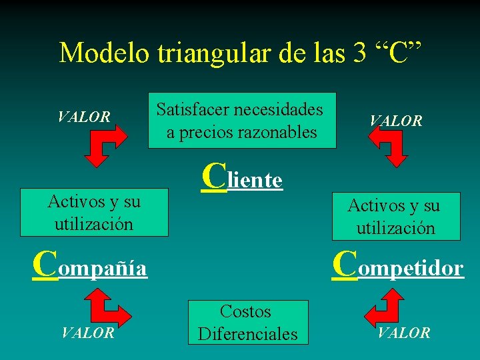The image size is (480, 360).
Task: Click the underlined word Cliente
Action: click(242, 177)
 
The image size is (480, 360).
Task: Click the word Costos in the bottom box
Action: click(245, 311)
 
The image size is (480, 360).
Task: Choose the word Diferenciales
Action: click(248, 333)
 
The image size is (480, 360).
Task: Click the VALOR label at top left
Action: click(84, 117)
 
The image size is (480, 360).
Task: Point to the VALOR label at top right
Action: click(396, 121)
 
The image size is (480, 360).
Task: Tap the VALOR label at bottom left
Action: click(87, 333)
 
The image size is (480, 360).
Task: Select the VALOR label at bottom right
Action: click(404, 333)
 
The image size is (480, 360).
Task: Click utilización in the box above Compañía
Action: click(94, 223)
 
